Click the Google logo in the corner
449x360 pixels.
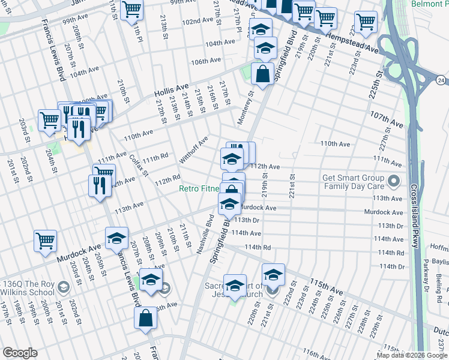coord(20,353)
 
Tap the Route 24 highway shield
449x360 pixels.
coord(441,79)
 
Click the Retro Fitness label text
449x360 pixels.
coord(199,188)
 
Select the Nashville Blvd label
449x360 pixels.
coord(204,233)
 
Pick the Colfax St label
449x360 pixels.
coord(138,165)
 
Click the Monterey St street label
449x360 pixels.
coord(246,107)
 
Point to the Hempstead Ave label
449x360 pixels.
coord(354,43)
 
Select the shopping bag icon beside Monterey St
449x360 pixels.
coord(262,75)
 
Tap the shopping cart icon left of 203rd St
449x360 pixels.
coord(49,119)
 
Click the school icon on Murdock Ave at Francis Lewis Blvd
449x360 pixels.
coord(116,238)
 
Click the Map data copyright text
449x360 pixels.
coord(411,355)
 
